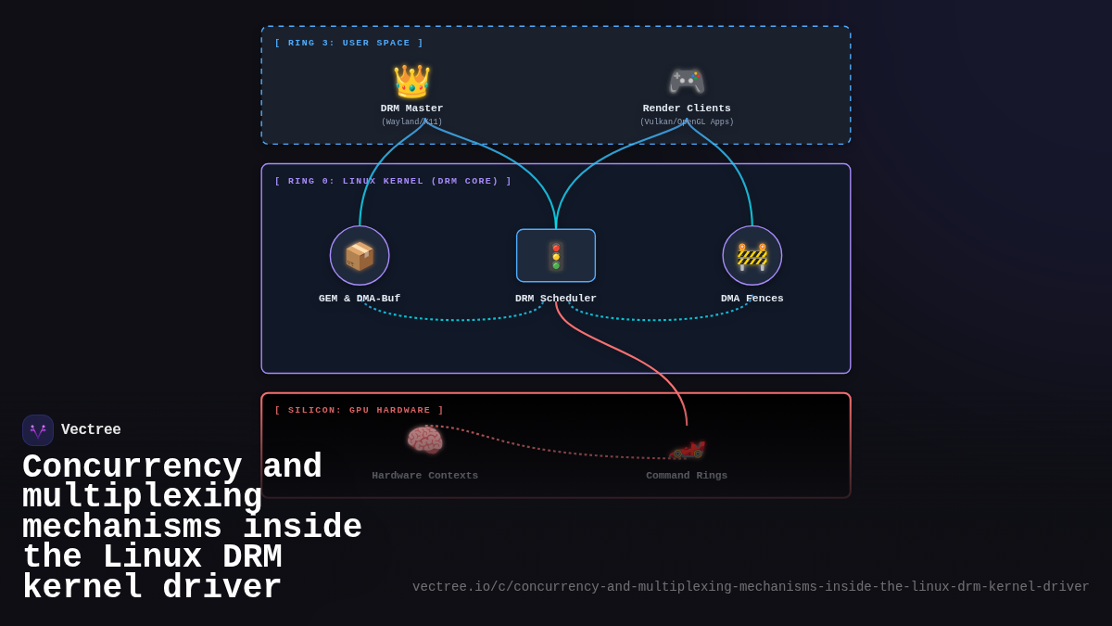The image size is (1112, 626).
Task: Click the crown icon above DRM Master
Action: coord(411,82)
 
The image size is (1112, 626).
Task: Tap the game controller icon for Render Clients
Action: coord(687,82)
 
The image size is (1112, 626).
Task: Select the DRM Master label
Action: coord(411,109)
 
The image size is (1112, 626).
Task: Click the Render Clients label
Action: coord(687,109)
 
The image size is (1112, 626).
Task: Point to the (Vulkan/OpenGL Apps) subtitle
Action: coord(687,122)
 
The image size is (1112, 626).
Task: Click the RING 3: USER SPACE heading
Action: coord(348,43)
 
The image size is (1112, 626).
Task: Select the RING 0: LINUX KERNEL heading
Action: coord(393,181)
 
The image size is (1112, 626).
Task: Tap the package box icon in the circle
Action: coord(360,256)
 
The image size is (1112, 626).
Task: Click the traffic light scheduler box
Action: coord(556,256)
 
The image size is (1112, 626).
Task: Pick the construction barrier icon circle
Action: coord(752,256)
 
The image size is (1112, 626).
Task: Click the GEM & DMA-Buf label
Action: coord(360,299)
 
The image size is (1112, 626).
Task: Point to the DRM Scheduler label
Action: coord(556,299)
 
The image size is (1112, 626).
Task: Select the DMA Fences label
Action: coord(752,299)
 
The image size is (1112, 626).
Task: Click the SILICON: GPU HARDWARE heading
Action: coord(359,410)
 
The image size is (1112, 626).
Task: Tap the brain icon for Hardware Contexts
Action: coord(424,440)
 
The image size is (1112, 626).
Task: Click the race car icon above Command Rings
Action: coord(687,450)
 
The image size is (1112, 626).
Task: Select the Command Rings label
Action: coord(687,476)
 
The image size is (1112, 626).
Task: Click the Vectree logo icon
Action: coord(38,430)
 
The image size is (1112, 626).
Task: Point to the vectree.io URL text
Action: coord(751,587)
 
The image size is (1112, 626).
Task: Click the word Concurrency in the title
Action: coord(132,466)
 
